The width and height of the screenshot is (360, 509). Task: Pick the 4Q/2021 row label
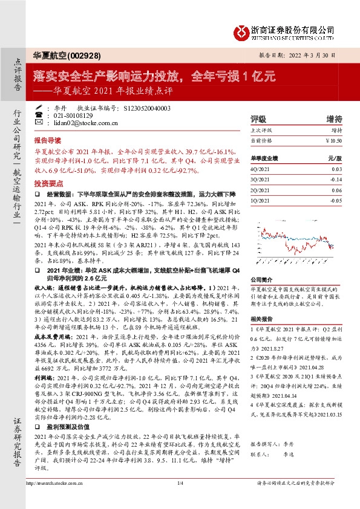pyautogui.click(x=258, y=170)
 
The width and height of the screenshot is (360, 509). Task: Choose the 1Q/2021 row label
pyautogui.click(x=258, y=198)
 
